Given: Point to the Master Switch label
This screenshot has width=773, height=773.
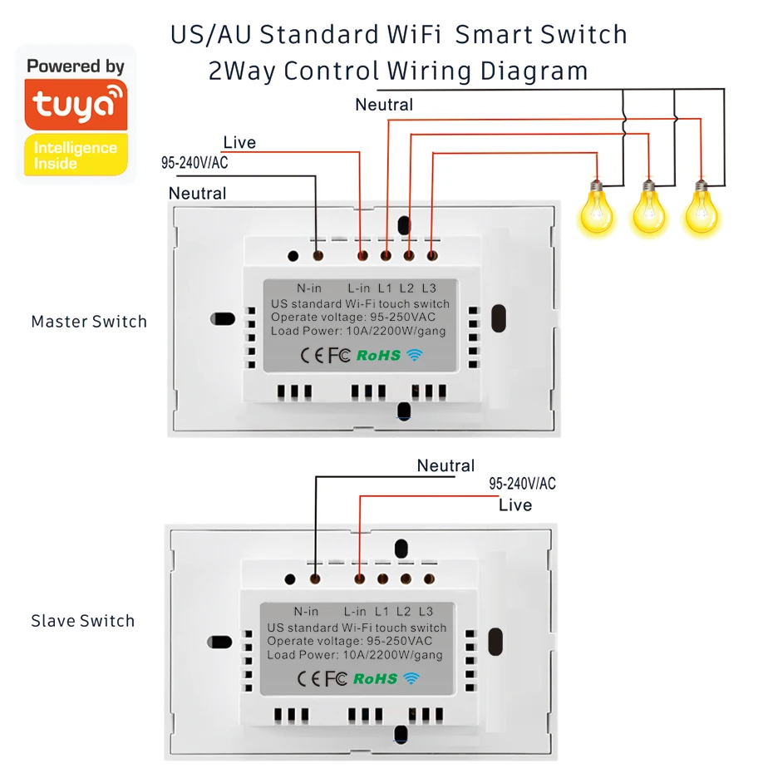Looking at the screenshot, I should click(89, 322).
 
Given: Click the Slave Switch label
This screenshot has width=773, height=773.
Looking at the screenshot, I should click(82, 621).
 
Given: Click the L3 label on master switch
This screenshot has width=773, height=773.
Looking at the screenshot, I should click(429, 288).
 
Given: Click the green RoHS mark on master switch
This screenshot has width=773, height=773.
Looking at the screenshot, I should click(378, 356).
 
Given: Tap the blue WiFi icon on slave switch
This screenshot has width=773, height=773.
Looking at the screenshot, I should click(411, 678).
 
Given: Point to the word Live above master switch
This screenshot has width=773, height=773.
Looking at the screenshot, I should click(239, 143).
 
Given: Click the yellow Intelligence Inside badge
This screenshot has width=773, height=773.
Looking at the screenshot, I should click(76, 155).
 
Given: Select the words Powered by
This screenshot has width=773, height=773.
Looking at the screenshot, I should click(76, 66).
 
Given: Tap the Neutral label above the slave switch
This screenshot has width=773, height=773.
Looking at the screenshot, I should click(446, 466).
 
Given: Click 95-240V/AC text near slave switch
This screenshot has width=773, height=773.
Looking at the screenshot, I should click(522, 484).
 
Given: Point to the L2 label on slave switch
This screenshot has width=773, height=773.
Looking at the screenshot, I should click(403, 612).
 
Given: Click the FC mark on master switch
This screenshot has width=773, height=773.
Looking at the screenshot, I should click(338, 356).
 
